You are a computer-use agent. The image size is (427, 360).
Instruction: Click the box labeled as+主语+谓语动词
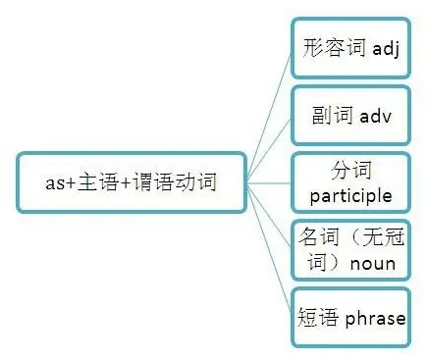pos(133,182)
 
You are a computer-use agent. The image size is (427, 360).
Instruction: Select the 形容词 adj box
pos(350,47)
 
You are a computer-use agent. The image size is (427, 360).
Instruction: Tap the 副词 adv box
pos(350,116)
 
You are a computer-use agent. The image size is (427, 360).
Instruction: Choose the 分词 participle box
pos(350,182)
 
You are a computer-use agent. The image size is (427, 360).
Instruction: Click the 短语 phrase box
pos(350,317)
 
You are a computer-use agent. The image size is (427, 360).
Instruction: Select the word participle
pos(350,195)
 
